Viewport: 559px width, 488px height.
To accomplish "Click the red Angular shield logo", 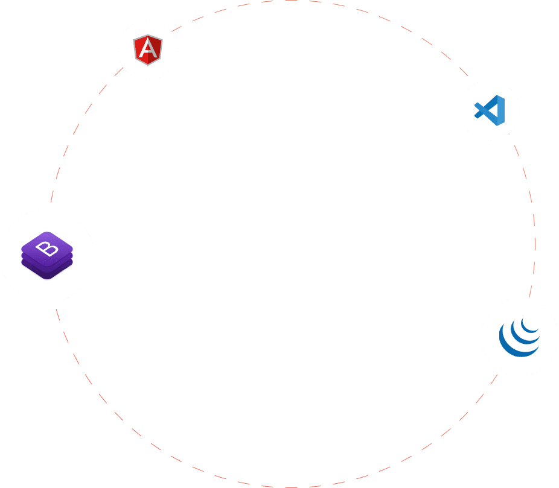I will tap(148, 50).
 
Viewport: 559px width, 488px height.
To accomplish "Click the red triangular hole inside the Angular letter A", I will tap(148, 49).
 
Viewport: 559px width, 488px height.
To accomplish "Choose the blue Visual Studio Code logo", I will tap(490, 110).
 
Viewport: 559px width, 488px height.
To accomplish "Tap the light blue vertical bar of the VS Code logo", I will tap(501, 110).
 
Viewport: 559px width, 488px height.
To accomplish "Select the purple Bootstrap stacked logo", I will tap(47, 256).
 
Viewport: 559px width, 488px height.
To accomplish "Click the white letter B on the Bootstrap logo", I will tap(47, 247).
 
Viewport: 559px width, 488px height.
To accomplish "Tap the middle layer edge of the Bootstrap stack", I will tap(47, 264).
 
